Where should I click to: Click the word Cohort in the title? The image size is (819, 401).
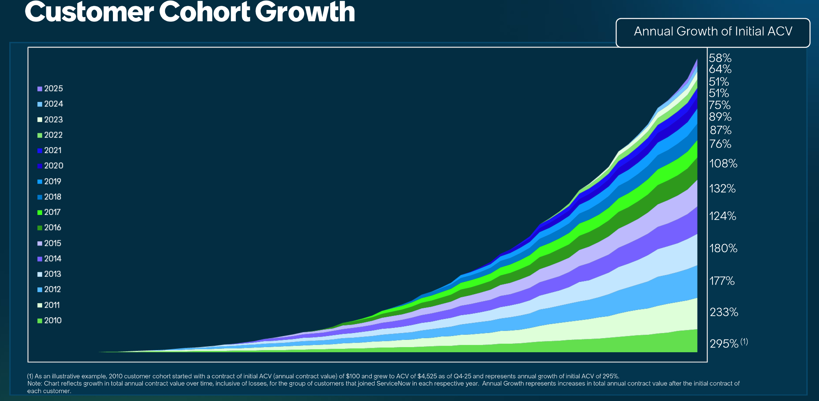point(205,12)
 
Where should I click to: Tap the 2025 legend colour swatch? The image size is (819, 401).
point(40,89)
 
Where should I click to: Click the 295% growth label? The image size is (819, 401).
point(724,344)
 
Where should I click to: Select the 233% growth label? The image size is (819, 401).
point(724,312)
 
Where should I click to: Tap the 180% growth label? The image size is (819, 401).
point(723,249)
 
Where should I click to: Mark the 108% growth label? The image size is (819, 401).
point(723,164)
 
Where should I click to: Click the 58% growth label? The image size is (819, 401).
point(720,58)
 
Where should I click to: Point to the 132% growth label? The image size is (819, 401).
point(723,189)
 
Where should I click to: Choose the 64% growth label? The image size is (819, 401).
point(720,69)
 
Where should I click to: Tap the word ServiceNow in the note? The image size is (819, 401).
point(393,383)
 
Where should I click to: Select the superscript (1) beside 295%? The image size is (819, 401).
point(744,342)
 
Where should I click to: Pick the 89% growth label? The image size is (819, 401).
point(720,117)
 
